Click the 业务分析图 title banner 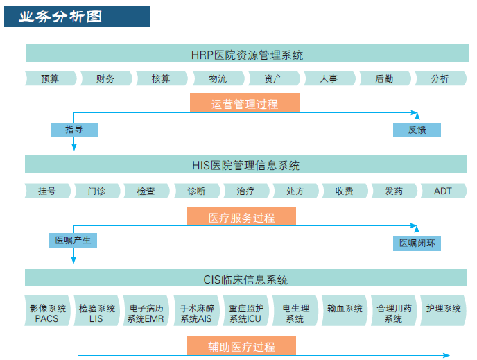77,17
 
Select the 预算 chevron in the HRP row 51,78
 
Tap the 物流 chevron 218,78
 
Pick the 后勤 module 385,78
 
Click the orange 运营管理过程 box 245,103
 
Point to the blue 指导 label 74,130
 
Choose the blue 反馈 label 417,130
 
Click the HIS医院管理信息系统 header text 246,165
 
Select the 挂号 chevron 47,191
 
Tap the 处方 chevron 295,191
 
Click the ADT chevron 443,191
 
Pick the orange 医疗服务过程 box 241,216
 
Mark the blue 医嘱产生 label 73,241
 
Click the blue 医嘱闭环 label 417,243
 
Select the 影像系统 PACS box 47,311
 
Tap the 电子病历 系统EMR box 146,311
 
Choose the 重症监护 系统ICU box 246,311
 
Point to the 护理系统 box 443,311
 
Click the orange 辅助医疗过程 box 241,345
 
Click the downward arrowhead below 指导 74,147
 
